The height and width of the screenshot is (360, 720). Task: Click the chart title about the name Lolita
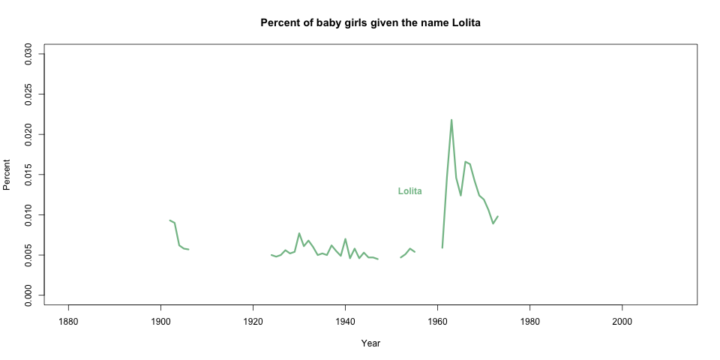click(370, 22)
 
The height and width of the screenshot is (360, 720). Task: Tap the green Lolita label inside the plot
click(409, 191)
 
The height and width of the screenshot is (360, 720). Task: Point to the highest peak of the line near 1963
click(451, 120)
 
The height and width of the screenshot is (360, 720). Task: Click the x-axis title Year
click(370, 343)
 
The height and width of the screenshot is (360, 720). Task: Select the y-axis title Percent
click(7, 175)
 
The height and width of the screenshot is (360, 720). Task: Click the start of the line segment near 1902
click(170, 220)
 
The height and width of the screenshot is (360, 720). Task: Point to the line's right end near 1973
click(497, 217)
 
